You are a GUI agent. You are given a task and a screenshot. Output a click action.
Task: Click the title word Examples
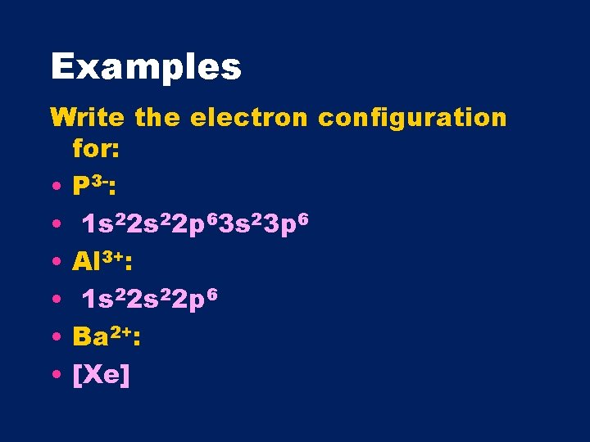(146, 66)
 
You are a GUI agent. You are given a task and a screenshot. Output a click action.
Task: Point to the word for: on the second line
(96, 149)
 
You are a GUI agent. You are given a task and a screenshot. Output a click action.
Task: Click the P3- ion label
(93, 187)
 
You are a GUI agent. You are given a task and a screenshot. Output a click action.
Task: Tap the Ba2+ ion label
(106, 336)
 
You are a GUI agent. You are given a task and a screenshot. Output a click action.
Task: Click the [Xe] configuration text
(101, 376)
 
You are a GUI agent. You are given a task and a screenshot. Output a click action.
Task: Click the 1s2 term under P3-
(102, 223)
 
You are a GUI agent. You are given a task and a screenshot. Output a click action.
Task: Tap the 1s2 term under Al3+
(102, 299)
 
